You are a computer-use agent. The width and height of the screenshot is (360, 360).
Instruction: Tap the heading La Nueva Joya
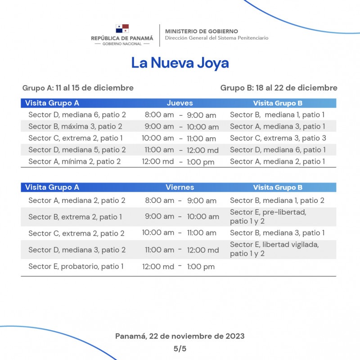180,63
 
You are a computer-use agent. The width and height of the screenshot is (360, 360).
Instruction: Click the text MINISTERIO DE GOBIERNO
201,31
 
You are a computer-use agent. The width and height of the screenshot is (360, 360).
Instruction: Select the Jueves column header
180,103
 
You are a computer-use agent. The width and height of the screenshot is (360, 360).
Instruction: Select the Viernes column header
180,187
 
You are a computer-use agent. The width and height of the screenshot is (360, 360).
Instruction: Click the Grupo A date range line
78,88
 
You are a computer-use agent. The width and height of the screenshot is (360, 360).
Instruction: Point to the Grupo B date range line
279,88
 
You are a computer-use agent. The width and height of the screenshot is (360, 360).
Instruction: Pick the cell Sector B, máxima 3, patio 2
75,126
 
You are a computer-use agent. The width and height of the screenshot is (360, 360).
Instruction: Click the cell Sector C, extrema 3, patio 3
278,138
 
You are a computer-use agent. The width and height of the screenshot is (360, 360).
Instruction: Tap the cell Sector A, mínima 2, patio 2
74,162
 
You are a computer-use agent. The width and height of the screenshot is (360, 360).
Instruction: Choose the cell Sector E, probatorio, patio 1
76,266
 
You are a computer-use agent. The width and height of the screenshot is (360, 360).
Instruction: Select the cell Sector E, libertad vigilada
274,249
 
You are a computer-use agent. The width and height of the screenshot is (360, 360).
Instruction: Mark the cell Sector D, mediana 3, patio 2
76,250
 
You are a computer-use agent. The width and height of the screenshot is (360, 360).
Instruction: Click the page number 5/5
180,348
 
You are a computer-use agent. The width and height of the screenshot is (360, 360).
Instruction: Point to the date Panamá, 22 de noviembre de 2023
180,336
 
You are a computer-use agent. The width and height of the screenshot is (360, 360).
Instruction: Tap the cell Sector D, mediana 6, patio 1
278,150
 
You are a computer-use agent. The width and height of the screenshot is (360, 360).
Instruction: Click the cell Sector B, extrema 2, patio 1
75,217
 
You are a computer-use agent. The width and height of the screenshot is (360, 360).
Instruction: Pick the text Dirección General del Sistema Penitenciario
216,38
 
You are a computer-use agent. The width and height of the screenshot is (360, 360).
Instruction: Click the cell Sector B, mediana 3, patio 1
277,233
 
